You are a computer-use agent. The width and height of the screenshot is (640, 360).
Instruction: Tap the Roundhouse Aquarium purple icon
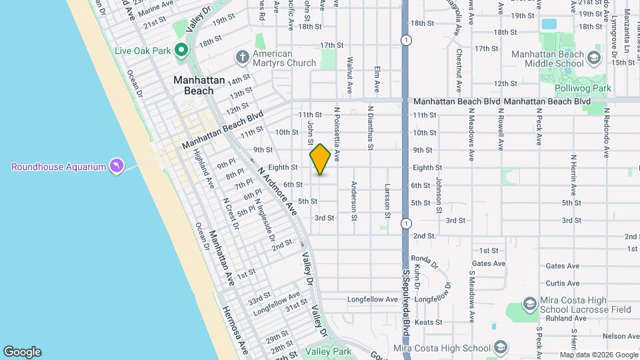click(117, 166)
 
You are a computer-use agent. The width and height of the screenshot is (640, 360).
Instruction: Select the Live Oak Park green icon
click(181, 50)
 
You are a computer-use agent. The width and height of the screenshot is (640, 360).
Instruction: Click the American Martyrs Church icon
click(241, 58)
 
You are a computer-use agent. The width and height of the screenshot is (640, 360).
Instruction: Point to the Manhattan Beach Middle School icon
click(593, 59)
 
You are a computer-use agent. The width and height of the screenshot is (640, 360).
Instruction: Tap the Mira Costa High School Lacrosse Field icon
click(529, 305)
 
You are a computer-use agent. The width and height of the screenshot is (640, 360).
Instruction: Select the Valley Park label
click(327, 351)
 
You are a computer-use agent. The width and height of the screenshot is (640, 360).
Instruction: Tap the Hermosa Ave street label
click(235, 327)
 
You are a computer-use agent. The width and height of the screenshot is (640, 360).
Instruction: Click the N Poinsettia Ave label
click(337, 133)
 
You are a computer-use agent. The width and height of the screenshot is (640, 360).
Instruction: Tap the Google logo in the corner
click(22, 352)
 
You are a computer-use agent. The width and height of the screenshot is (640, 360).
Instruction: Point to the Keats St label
click(425, 322)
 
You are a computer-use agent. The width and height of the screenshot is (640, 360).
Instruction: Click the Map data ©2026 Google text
click(598, 355)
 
